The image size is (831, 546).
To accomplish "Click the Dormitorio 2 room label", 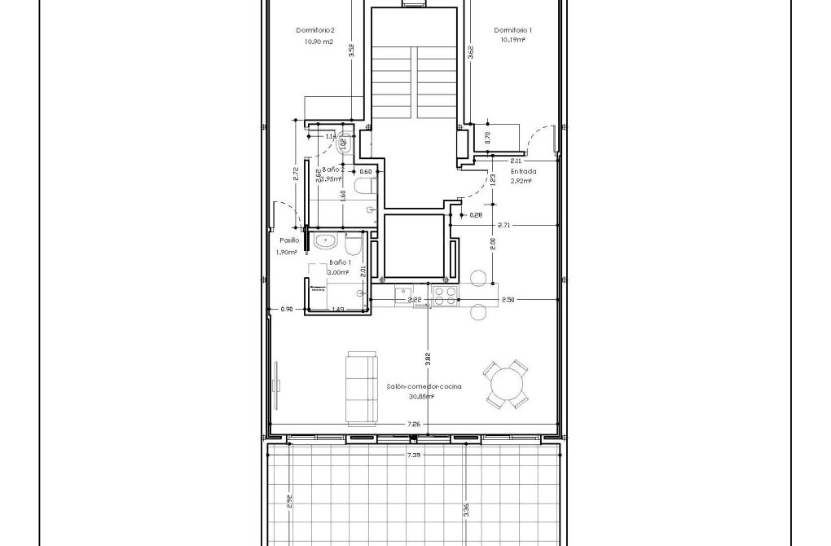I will pyautogui.click(x=315, y=30).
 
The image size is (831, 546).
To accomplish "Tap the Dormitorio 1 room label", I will pyautogui.click(x=513, y=30).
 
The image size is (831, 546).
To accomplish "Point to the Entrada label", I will pyautogui.click(x=523, y=172).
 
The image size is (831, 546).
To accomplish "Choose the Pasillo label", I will pyautogui.click(x=289, y=241).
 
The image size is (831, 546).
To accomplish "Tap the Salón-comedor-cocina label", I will pyautogui.click(x=424, y=387).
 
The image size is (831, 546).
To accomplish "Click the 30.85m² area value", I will pyautogui.click(x=421, y=397).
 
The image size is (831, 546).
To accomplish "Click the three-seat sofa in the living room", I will pyautogui.click(x=361, y=388).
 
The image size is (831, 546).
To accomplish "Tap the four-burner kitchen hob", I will pyautogui.click(x=444, y=295).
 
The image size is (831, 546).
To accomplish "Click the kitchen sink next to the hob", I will pyautogui.click(x=404, y=295).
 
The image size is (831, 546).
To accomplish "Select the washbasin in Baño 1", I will pyautogui.click(x=328, y=241).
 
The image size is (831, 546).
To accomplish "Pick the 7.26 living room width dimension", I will pyautogui.click(x=414, y=425).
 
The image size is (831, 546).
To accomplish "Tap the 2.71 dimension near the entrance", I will pyautogui.click(x=503, y=224).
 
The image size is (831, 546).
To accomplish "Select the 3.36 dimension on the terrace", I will pyautogui.click(x=465, y=510).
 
